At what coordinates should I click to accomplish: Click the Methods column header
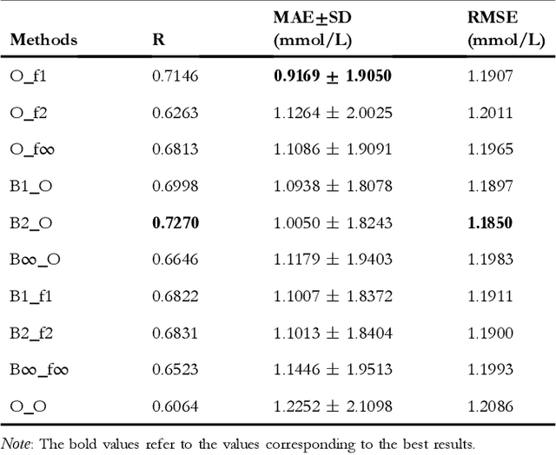[x=43, y=40]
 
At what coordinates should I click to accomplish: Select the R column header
[x=158, y=40]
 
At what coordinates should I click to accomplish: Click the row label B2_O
[x=32, y=223]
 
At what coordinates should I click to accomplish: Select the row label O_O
[x=30, y=406]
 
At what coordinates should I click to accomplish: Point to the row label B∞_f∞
[x=40, y=369]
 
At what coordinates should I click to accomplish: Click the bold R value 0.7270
[x=175, y=223]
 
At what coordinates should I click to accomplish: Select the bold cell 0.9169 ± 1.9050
[x=333, y=76]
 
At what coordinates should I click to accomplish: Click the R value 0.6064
[x=175, y=406]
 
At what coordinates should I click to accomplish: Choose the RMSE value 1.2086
[x=490, y=406]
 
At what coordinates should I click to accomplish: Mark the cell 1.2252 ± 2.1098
[x=333, y=406]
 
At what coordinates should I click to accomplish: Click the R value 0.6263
[x=175, y=113]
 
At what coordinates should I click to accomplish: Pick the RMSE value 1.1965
[x=490, y=149]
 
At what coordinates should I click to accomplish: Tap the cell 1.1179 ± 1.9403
[x=333, y=260]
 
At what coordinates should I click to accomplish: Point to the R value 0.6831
[x=175, y=333]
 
